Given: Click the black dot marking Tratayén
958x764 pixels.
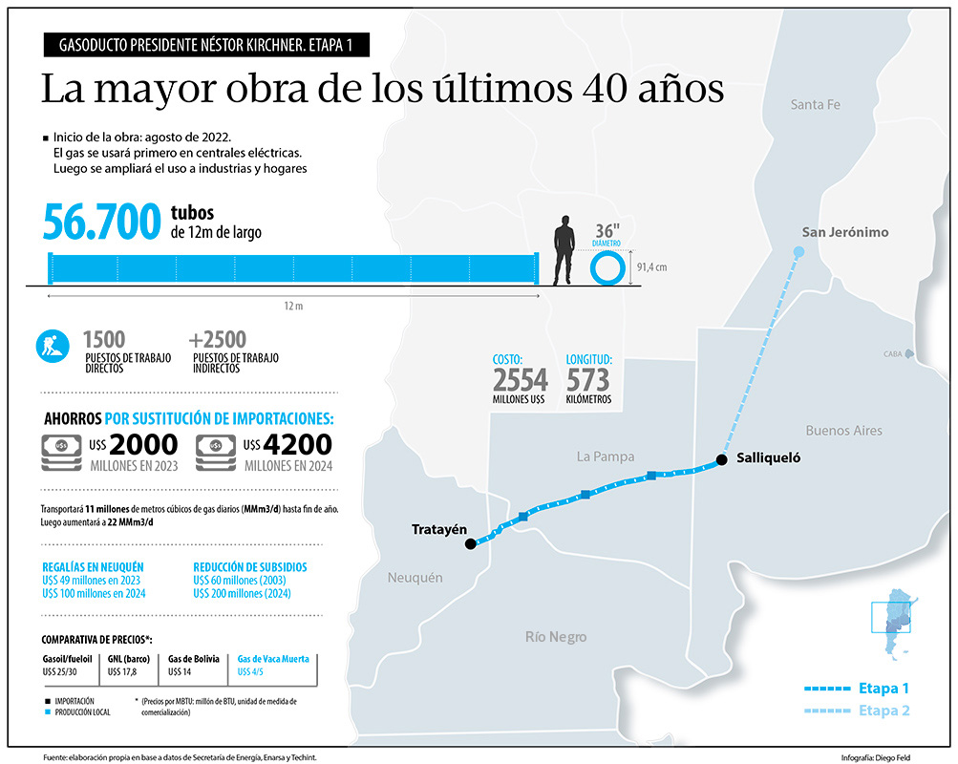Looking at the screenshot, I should tap(470, 544).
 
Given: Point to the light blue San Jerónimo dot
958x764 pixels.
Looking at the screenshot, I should tap(798, 252).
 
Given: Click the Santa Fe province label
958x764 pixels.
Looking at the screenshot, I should tap(815, 105).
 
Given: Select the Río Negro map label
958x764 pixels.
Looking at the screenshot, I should tap(556, 637).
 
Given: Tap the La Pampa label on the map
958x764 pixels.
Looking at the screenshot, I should tap(606, 456).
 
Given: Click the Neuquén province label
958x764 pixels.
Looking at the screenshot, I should tap(415, 578).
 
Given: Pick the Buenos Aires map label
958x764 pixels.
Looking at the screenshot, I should tap(843, 431).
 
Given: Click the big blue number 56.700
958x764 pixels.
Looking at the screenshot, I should tap(101, 223).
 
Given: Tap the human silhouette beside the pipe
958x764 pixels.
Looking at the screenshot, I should tap(564, 250).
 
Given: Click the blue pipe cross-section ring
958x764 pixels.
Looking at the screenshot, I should tap(607, 268).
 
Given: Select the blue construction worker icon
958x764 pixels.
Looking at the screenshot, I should tap(53, 346).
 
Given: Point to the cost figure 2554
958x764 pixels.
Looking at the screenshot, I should tap(521, 380).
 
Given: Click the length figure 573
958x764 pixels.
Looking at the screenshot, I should tap(587, 380).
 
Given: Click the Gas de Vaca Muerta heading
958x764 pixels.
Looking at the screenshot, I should tap(273, 659).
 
